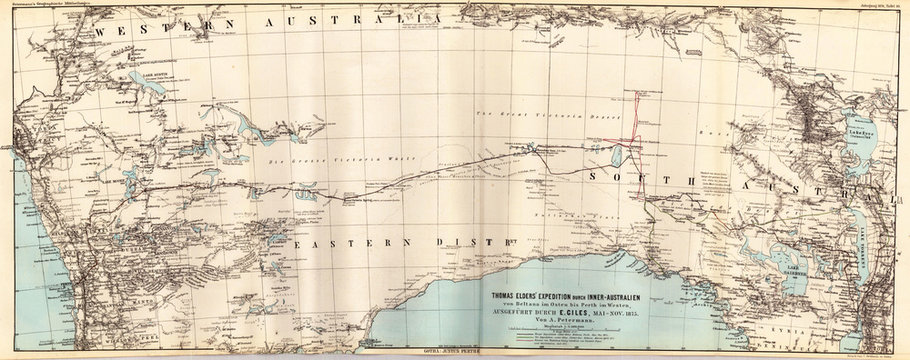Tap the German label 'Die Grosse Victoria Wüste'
pos(317,159)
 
